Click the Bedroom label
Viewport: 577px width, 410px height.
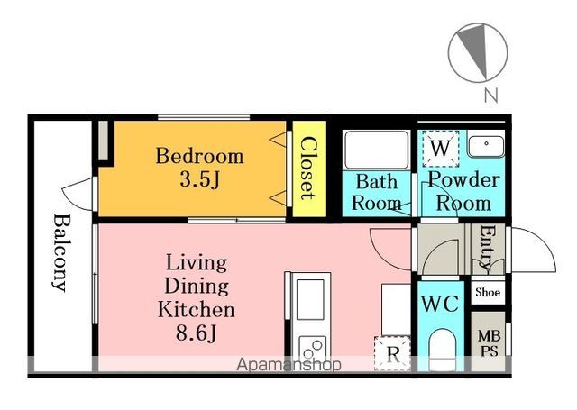pos(199,156)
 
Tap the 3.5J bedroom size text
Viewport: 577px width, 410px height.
pos(199,180)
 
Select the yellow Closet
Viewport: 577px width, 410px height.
pos(309,169)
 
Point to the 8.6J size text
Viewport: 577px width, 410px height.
pos(197,333)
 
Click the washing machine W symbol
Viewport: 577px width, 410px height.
pos(441,148)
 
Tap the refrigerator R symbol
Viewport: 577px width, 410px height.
pos(393,353)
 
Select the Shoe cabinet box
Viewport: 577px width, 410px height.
pos(488,292)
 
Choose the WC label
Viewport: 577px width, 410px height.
pos(440,304)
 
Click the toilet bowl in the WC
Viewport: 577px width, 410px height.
pos(442,349)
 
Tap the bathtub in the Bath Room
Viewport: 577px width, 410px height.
pos(377,150)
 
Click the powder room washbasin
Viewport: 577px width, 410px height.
pos(486,146)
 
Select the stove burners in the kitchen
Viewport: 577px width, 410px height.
pos(312,349)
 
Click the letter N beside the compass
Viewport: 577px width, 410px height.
pos(490,96)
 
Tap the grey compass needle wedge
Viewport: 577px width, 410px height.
pos(476,50)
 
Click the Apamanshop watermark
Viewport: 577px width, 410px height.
pos(288,364)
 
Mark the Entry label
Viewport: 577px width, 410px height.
pos(489,250)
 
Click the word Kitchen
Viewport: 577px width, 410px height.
pos(197,310)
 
